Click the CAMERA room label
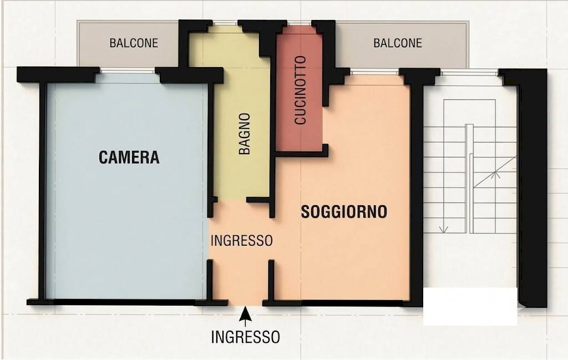(x=129, y=157)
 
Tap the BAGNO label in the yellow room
(x=245, y=134)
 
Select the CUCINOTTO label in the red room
(x=300, y=90)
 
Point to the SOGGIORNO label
(x=344, y=212)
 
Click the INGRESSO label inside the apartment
(x=242, y=241)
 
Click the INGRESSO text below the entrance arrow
(x=246, y=337)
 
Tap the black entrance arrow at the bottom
(x=245, y=317)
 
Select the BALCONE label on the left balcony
(x=134, y=43)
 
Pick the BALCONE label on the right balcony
(x=398, y=43)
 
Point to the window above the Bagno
(x=225, y=23)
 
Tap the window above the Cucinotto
(x=299, y=23)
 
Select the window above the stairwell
(x=470, y=73)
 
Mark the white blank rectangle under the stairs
(x=470, y=306)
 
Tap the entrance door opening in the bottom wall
(x=245, y=303)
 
